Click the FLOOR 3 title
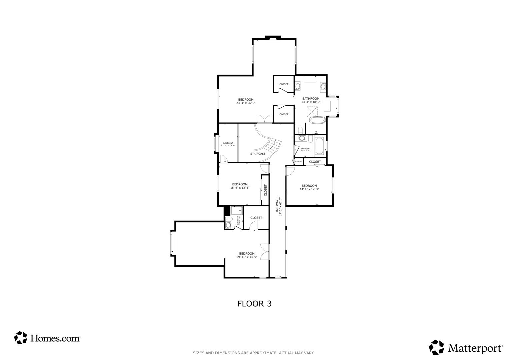[x=254, y=304]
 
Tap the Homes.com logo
[x=47, y=338]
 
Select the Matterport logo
[x=466, y=348]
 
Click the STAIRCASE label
[x=258, y=154]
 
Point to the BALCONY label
[x=228, y=143]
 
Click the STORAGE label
[x=299, y=162]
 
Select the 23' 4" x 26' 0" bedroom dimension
[x=246, y=103]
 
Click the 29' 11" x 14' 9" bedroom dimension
[x=247, y=257]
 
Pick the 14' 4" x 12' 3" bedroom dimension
[x=309, y=189]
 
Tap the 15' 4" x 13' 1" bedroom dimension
[x=240, y=188]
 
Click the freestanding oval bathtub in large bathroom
[x=317, y=120]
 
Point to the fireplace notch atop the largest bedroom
[x=273, y=38]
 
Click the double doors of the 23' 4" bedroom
[x=265, y=119]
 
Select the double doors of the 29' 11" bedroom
[x=265, y=252]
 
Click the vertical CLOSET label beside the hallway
[x=266, y=190]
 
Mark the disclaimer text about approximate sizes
[x=253, y=353]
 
